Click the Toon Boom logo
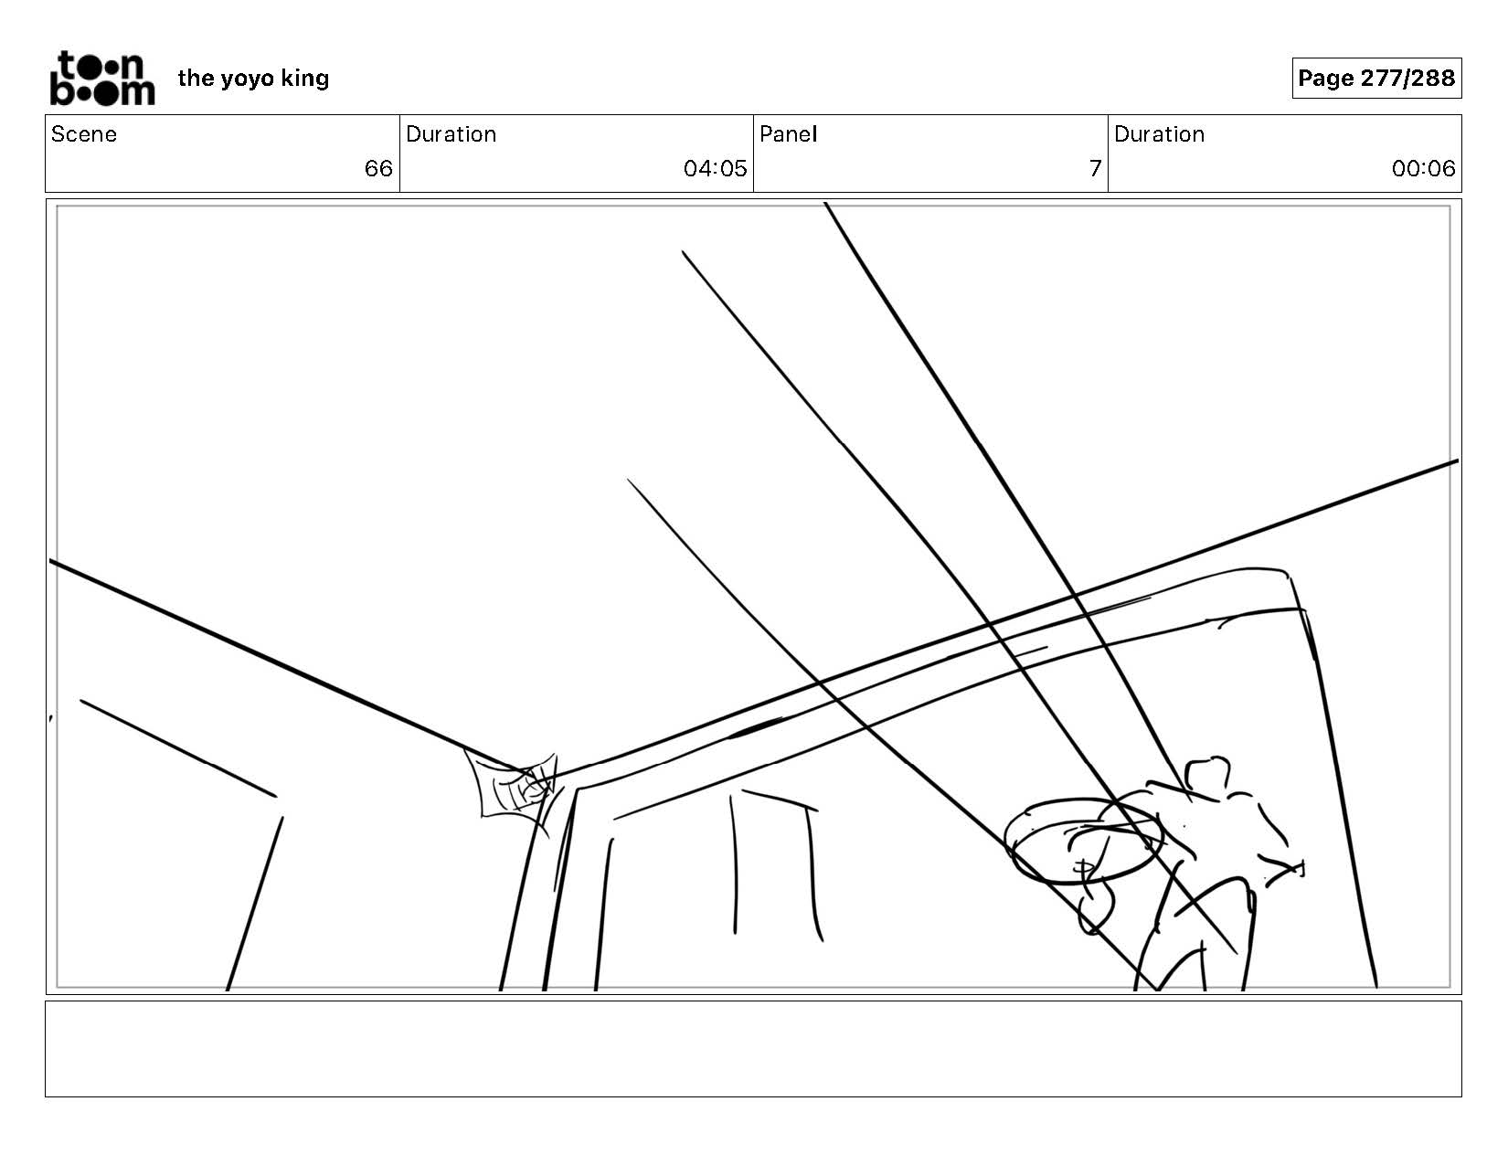pos(101,79)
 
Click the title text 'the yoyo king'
pos(253,79)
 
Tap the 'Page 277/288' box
pos(1375,79)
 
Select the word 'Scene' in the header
pos(84,134)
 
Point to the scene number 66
pos(377,168)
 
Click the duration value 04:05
pos(715,168)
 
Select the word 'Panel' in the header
pos(788,134)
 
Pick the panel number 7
pos(1094,168)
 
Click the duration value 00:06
pos(1423,168)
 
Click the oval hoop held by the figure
pos(1082,841)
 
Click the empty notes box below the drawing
pos(753,1048)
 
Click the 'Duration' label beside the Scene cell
pos(451,134)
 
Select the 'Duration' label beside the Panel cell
pos(1159,134)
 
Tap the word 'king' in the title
pos(305,79)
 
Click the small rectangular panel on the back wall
pos(772,863)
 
